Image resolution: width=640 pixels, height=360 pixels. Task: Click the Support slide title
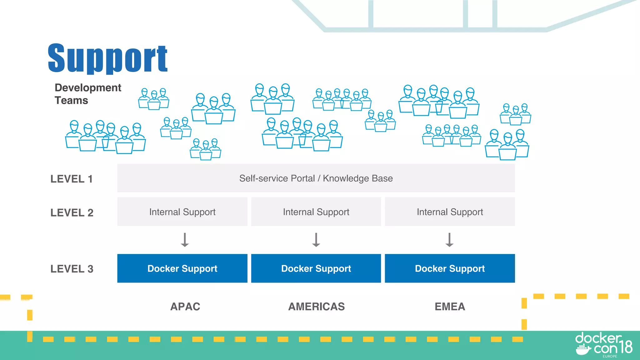pyautogui.click(x=107, y=58)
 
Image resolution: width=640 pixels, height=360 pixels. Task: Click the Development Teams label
pyautogui.click(x=87, y=94)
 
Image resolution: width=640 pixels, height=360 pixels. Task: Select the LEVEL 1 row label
pyautogui.click(x=72, y=179)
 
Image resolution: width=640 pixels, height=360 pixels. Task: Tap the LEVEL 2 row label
pyautogui.click(x=72, y=212)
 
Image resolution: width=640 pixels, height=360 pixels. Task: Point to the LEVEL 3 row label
pyautogui.click(x=72, y=269)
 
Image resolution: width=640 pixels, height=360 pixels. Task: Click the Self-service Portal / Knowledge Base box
pyautogui.click(x=316, y=178)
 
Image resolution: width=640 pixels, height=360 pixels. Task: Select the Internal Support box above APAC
pyautogui.click(x=182, y=212)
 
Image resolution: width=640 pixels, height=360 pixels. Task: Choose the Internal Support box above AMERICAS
pyautogui.click(x=316, y=212)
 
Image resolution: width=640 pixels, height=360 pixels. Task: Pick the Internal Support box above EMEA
pyautogui.click(x=450, y=212)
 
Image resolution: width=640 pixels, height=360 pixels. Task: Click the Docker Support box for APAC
pyautogui.click(x=182, y=268)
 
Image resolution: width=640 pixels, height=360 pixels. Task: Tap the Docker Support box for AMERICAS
pyautogui.click(x=316, y=268)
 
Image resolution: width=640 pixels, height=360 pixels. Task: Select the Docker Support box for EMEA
pyautogui.click(x=450, y=268)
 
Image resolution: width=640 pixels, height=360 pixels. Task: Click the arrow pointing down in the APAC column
pyautogui.click(x=185, y=240)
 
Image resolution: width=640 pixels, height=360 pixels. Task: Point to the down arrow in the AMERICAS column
pyautogui.click(x=316, y=240)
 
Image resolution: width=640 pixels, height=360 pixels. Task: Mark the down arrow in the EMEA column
pyautogui.click(x=449, y=240)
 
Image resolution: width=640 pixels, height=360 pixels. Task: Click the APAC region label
pyautogui.click(x=185, y=307)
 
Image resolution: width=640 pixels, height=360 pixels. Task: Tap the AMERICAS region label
pyautogui.click(x=316, y=307)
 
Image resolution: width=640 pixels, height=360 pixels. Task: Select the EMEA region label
pyautogui.click(x=450, y=307)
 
